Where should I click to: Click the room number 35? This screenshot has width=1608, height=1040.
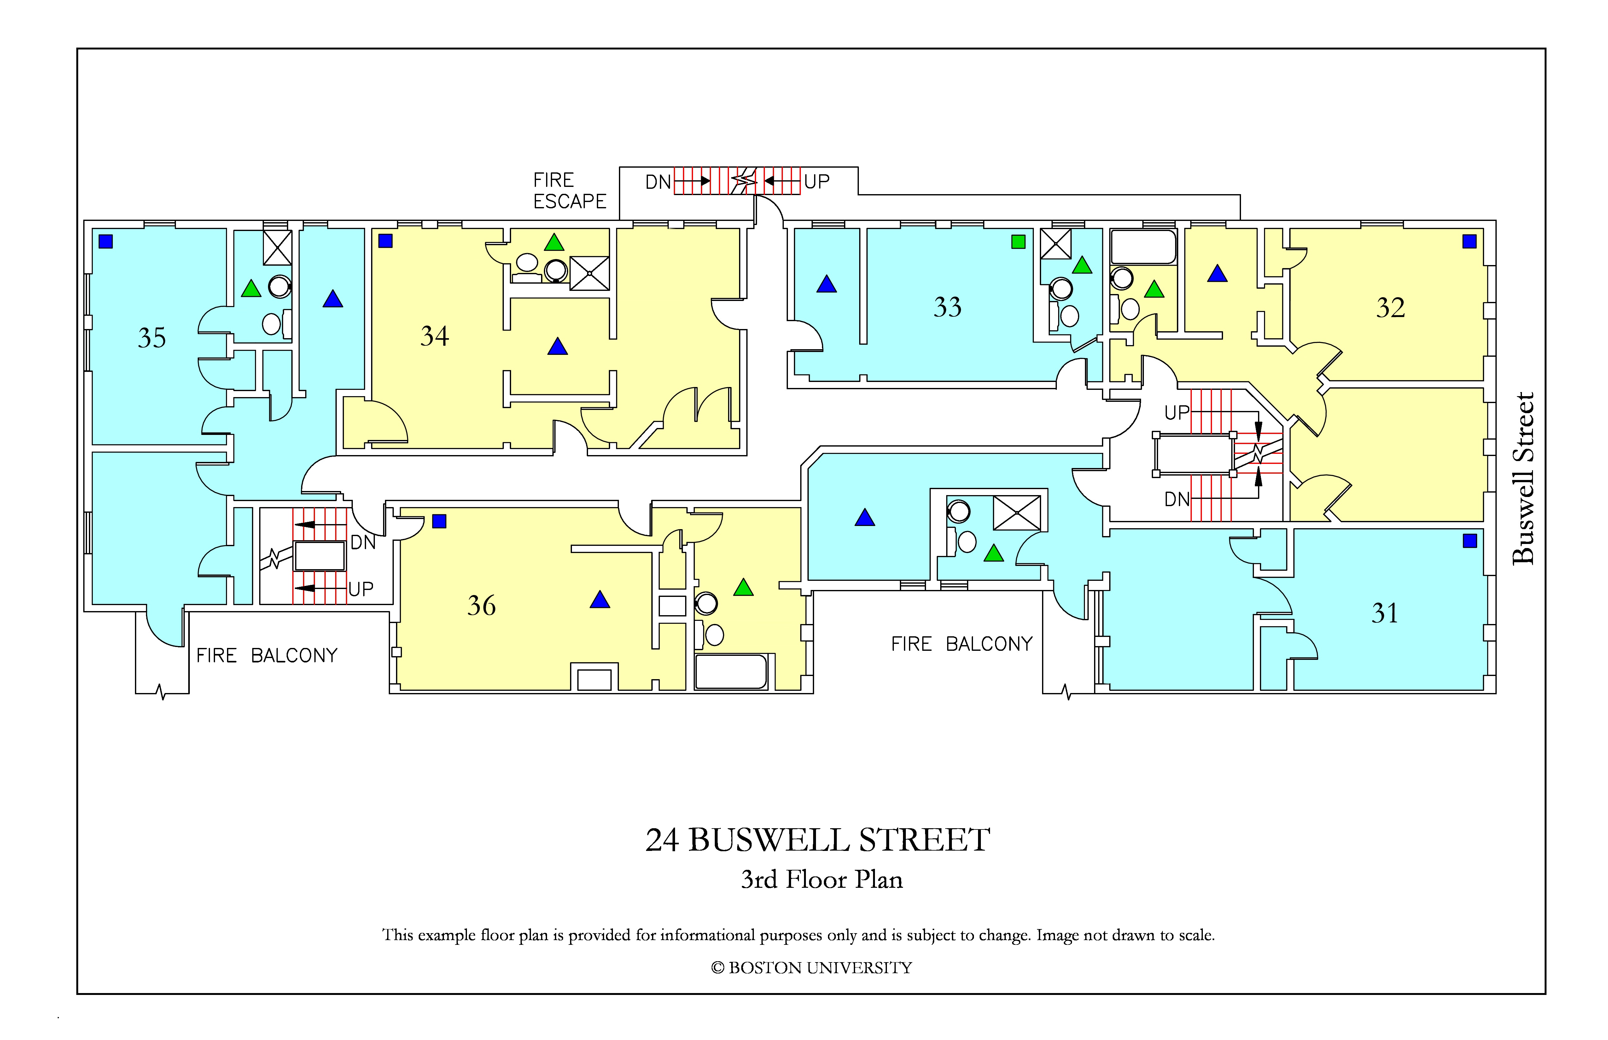(x=152, y=338)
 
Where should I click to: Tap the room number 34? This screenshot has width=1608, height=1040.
(x=434, y=336)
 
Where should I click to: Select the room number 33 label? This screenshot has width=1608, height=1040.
(x=947, y=307)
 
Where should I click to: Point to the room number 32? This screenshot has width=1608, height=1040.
(x=1390, y=308)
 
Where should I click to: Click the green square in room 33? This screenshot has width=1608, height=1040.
(x=1018, y=242)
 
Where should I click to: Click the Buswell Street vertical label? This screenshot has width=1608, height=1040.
(x=1524, y=478)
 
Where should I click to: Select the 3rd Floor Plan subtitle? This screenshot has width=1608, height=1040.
(x=822, y=879)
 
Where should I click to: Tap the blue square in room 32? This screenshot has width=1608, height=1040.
(x=1470, y=241)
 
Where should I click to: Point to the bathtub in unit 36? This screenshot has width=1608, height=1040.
(x=731, y=671)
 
